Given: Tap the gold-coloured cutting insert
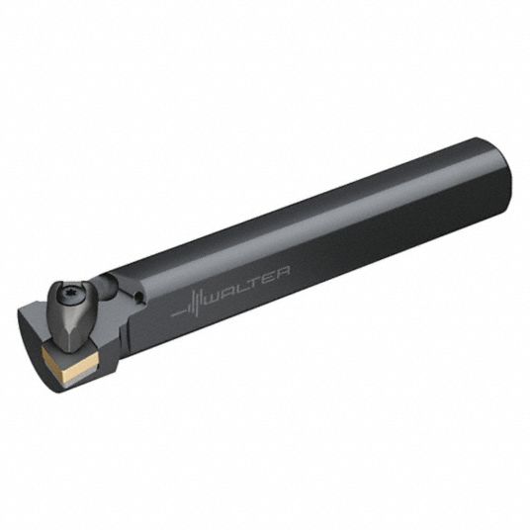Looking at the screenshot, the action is coord(69,360).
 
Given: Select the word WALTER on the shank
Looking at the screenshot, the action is coord(248,284).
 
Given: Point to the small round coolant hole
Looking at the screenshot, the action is coord(137,298).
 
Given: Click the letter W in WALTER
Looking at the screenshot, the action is coord(214,297).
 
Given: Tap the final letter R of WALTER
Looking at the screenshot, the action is coord(283,271).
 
